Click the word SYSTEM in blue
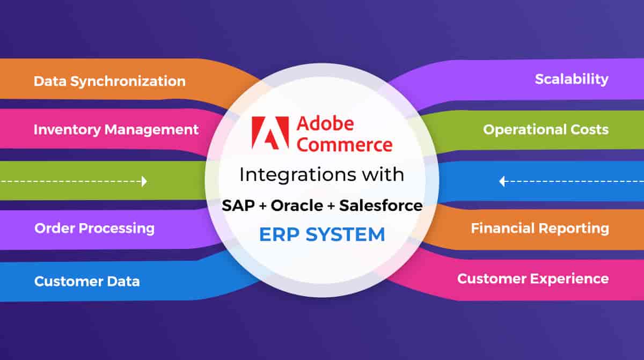pyautogui.click(x=345, y=234)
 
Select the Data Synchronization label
pyautogui.click(x=109, y=82)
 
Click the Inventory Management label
pyautogui.click(x=116, y=129)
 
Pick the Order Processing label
pyautogui.click(x=94, y=228)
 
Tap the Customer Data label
pyautogui.click(x=87, y=281)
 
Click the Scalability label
pyautogui.click(x=572, y=79)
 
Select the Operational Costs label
pyautogui.click(x=546, y=129)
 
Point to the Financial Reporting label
pyautogui.click(x=540, y=228)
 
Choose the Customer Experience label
pyautogui.click(x=533, y=278)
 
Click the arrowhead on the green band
pyautogui.click(x=144, y=181)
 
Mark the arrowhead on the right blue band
pyautogui.click(x=502, y=181)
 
